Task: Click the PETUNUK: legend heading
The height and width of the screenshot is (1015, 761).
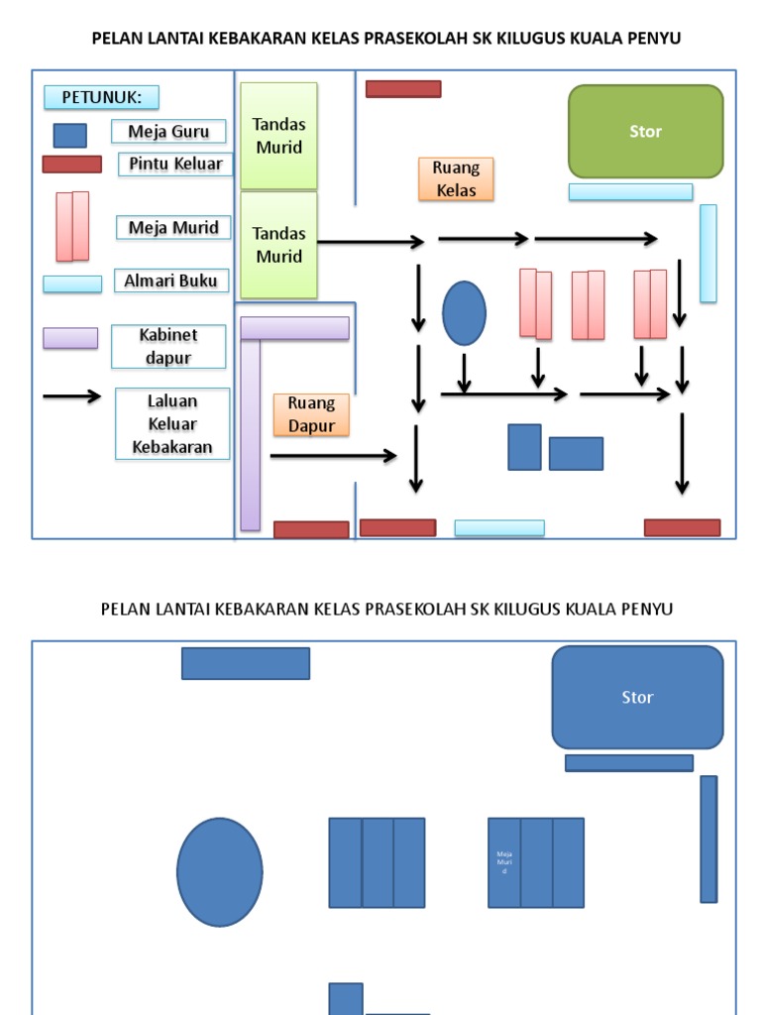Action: click(101, 97)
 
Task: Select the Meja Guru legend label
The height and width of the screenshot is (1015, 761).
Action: click(168, 132)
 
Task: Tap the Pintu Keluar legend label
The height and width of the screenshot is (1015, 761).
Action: click(175, 164)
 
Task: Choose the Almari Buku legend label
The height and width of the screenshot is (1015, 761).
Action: click(170, 281)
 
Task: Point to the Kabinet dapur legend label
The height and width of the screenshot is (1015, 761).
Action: click(168, 347)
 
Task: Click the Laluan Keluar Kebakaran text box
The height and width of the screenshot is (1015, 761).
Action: click(172, 423)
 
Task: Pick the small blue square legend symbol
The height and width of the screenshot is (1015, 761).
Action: click(69, 135)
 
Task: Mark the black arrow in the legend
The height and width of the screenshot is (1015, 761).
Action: click(71, 396)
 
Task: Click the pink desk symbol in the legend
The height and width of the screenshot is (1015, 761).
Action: click(72, 226)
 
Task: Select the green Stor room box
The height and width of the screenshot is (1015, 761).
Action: click(645, 132)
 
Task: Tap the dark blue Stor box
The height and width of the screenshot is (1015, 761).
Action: click(637, 698)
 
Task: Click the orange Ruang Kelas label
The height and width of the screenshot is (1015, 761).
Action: click(456, 179)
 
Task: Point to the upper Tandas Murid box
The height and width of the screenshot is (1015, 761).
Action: click(278, 136)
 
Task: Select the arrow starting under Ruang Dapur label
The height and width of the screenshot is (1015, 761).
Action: click(333, 456)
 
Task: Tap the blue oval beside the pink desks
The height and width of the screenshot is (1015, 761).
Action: click(464, 313)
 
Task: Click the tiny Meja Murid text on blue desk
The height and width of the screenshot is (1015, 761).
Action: click(504, 861)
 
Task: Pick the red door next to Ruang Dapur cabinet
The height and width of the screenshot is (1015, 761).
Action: click(311, 529)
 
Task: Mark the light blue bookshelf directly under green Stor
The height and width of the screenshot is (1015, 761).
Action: click(630, 192)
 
